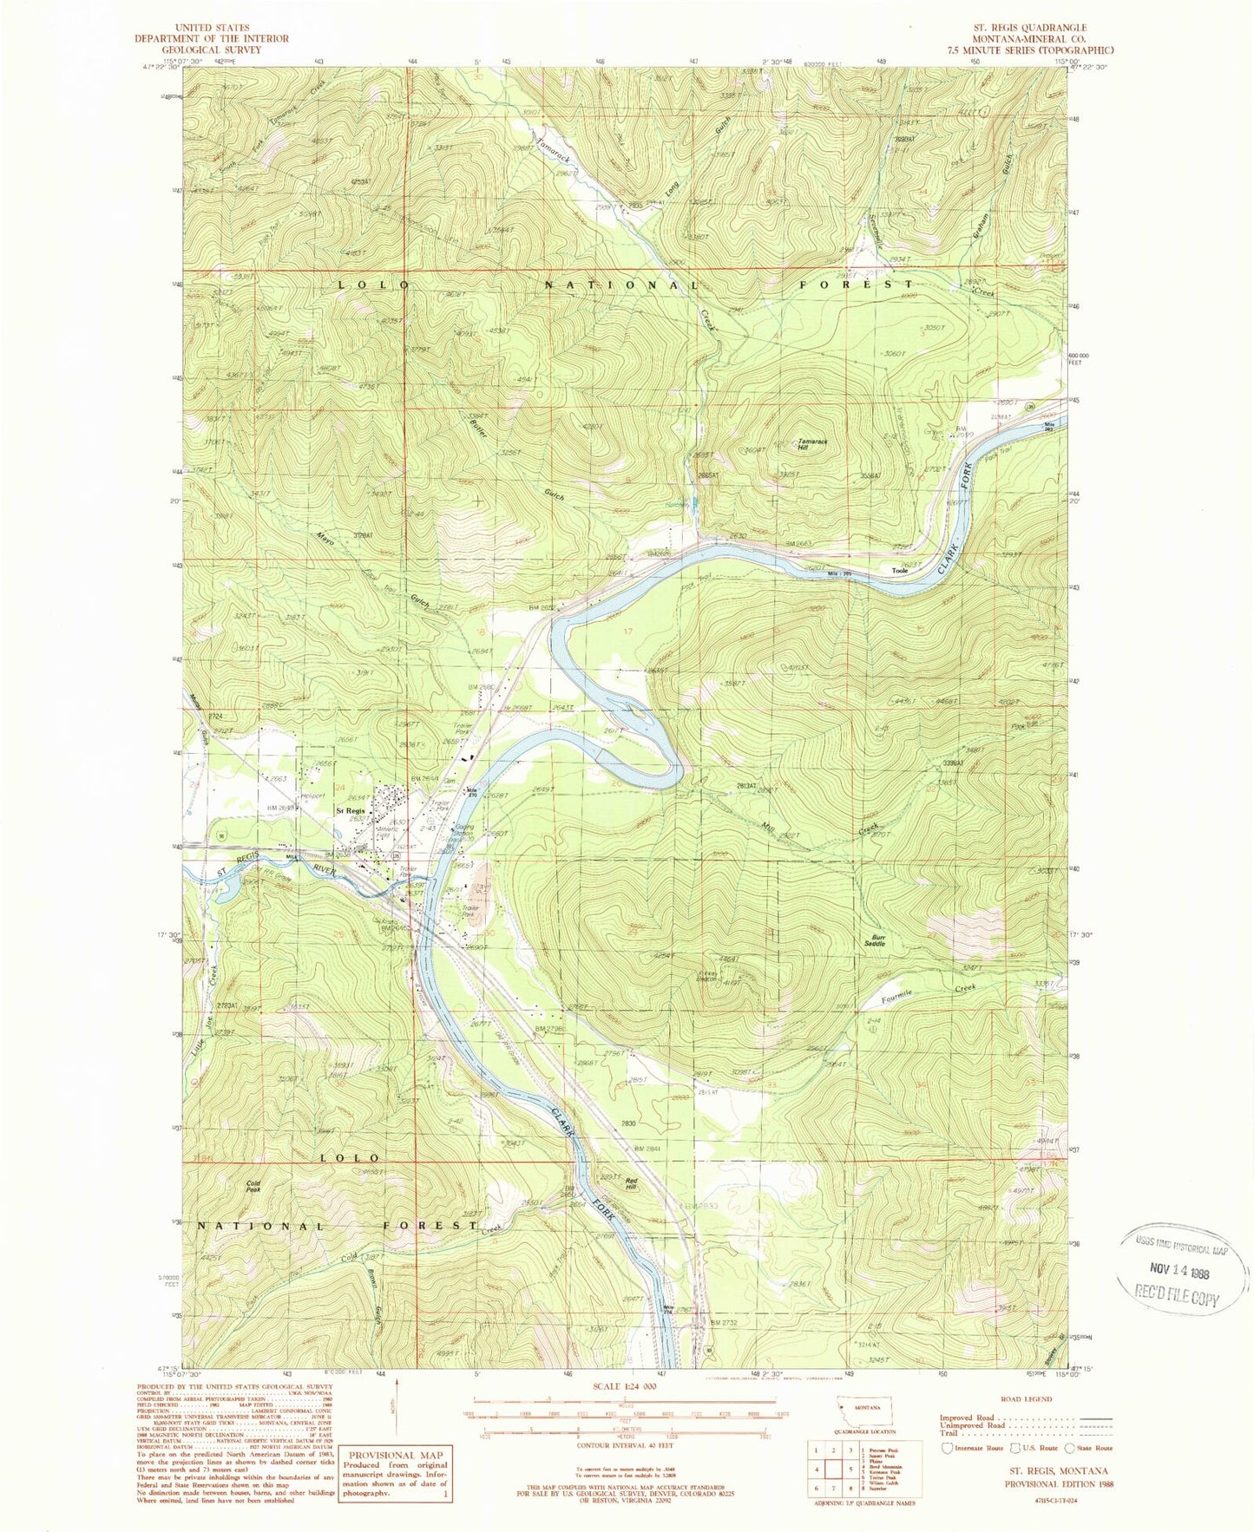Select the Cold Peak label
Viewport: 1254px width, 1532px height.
(x=253, y=1187)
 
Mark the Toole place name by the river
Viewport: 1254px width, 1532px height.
(x=899, y=571)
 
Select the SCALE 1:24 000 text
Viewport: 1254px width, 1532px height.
(x=619, y=1399)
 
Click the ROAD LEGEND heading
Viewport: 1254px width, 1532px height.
(x=1027, y=1399)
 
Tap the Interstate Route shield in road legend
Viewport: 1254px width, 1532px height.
(x=947, y=1448)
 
